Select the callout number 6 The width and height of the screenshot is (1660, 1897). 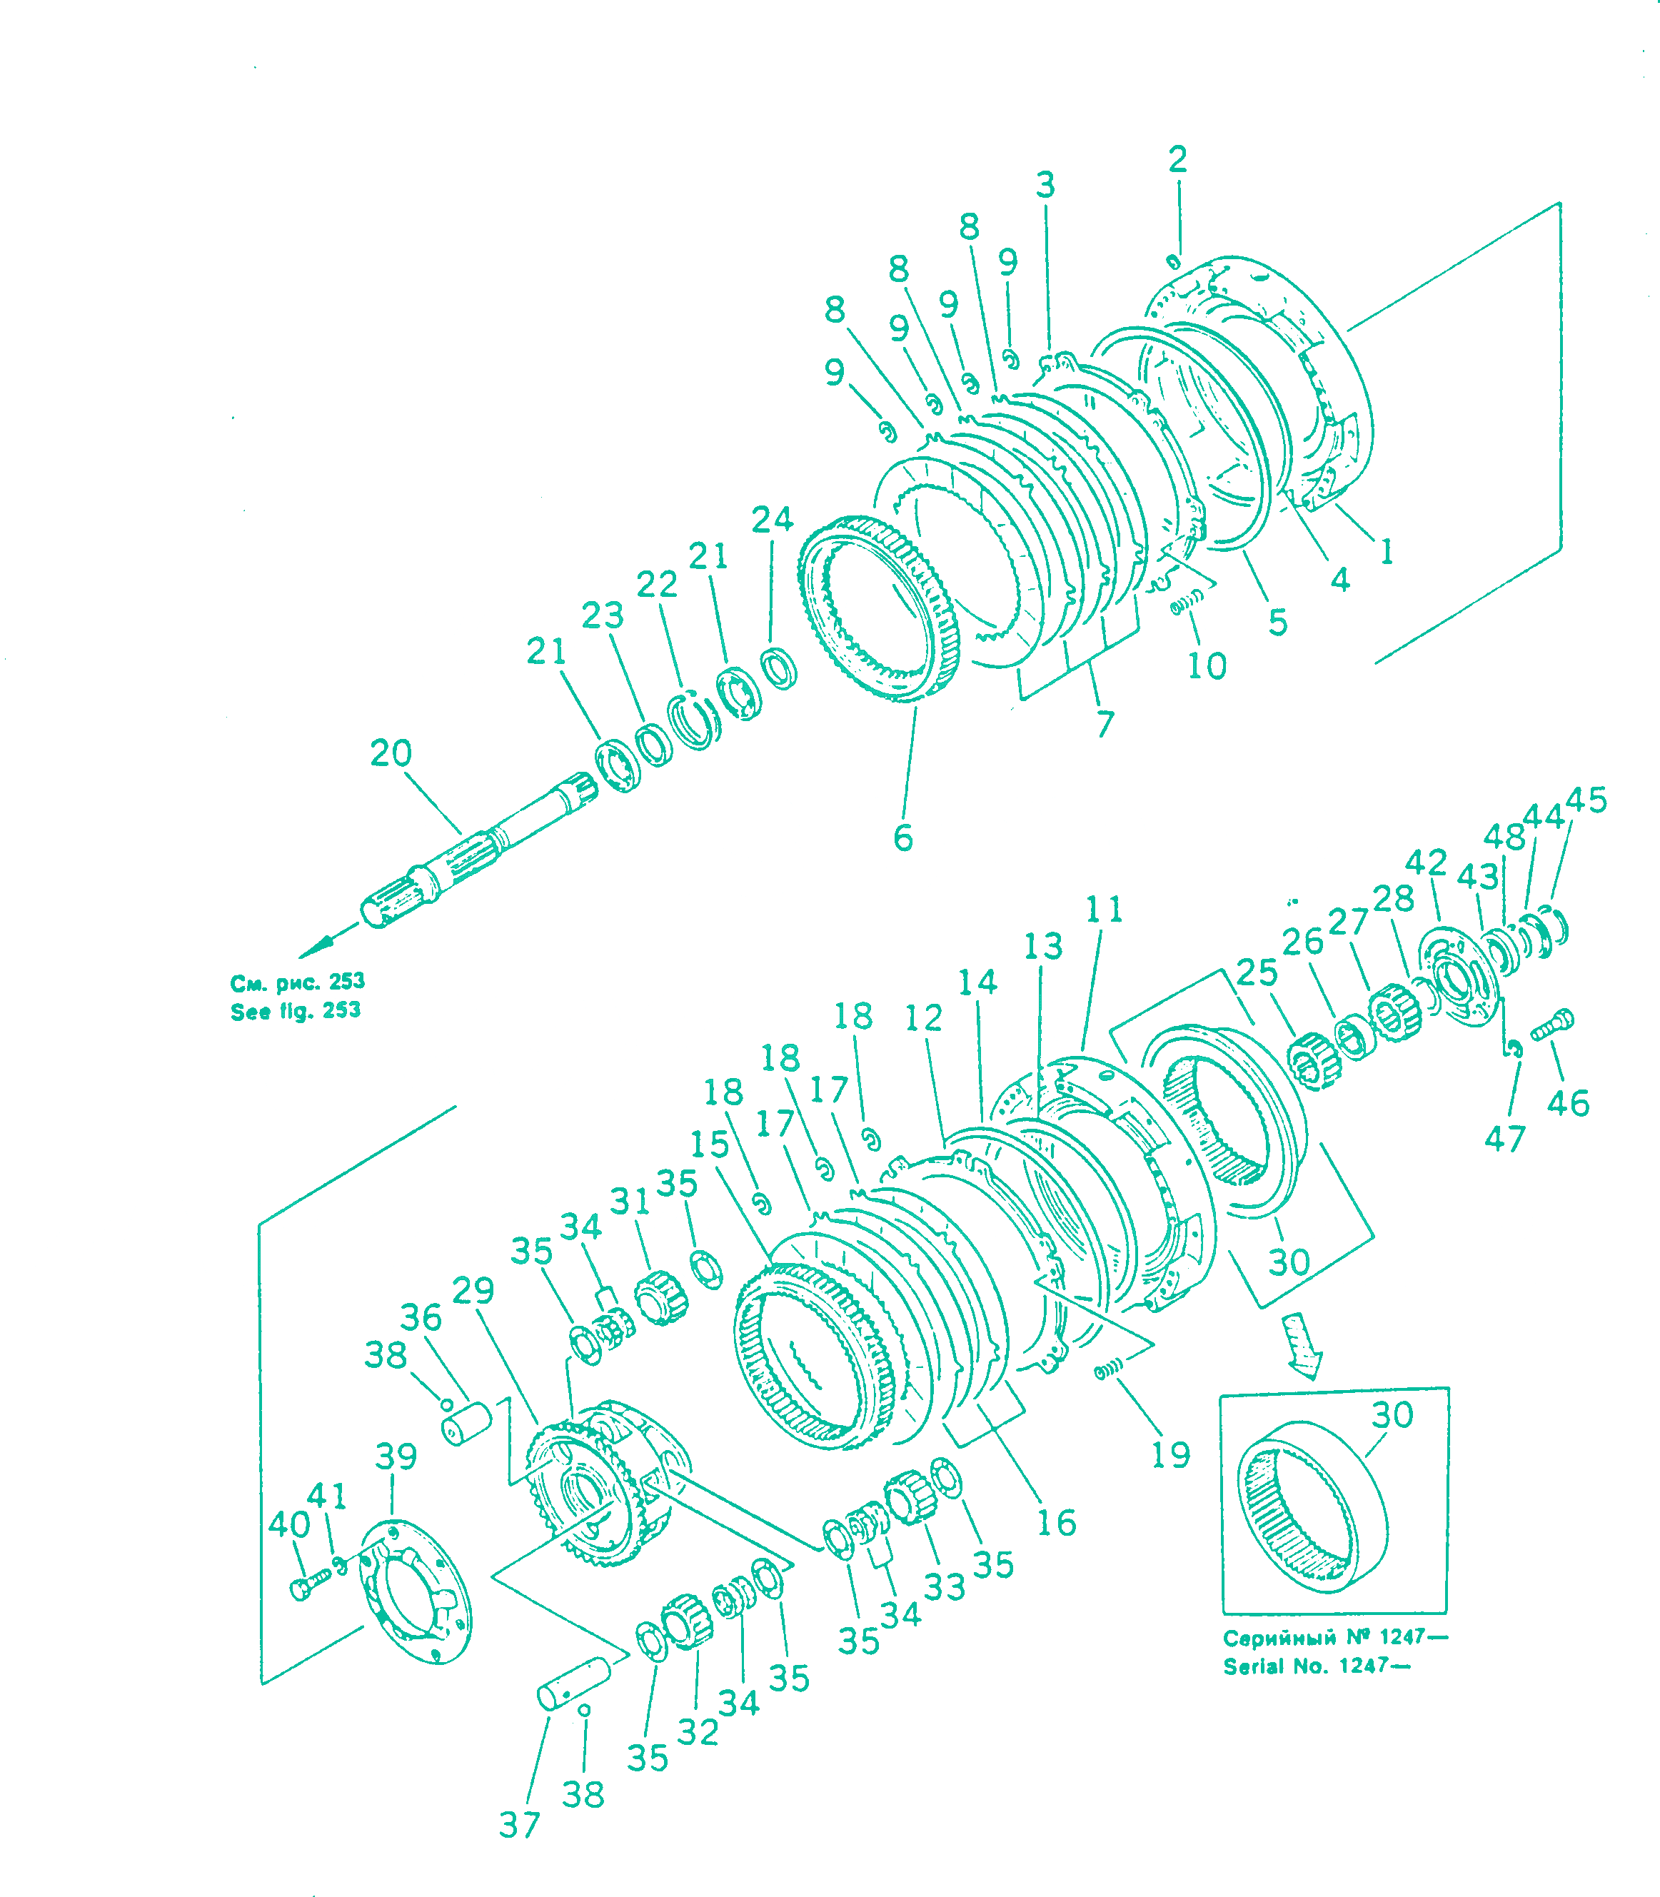[x=903, y=837]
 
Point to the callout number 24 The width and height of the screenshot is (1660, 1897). [x=773, y=520]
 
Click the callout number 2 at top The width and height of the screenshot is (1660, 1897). [x=1177, y=159]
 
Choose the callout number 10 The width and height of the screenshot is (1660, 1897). [x=1207, y=665]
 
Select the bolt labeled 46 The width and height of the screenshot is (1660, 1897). [x=1552, y=1025]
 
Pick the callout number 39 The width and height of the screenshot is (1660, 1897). [x=396, y=1456]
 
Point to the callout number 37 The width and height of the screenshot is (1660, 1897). [x=519, y=1824]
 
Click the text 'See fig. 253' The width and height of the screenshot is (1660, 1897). [x=296, y=1010]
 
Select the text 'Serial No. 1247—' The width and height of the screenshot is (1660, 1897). [x=1317, y=1666]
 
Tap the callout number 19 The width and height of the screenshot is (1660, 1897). [x=1170, y=1455]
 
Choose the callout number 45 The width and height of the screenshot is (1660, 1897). [x=1586, y=800]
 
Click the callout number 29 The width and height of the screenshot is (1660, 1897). [x=473, y=1290]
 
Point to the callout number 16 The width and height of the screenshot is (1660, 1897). [x=1056, y=1523]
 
